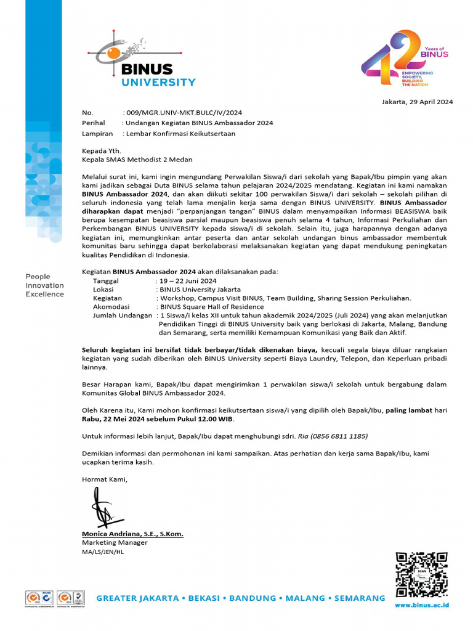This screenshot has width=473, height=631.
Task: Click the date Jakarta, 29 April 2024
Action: [x=418, y=102]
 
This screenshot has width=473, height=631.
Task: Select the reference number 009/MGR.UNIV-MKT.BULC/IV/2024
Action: [x=183, y=113]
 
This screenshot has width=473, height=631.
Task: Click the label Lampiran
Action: [x=96, y=132]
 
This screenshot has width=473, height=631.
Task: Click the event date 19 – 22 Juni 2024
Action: [x=188, y=280]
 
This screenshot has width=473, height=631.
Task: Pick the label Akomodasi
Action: [x=111, y=306]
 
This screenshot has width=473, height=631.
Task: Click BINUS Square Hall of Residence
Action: [x=211, y=306]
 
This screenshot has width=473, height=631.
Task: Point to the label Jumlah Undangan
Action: [x=122, y=315]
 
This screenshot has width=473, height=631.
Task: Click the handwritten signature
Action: [x=105, y=508]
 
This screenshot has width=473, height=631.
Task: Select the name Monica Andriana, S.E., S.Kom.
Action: [x=132, y=534]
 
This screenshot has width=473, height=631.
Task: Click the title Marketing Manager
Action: [x=115, y=542]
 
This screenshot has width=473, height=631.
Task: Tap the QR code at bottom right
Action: [x=421, y=574]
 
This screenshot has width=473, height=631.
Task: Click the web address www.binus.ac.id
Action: [x=422, y=606]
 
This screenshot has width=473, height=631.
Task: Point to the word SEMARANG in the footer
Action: [x=360, y=598]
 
